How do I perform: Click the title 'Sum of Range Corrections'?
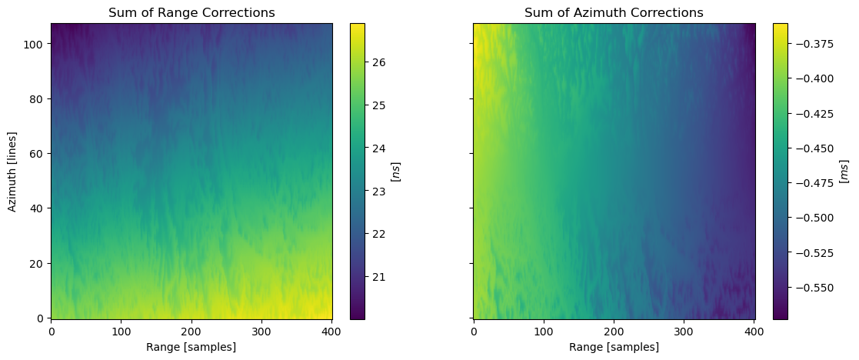click(x=191, y=12)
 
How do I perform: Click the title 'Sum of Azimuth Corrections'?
click(x=614, y=12)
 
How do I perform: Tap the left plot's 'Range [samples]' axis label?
click(x=191, y=347)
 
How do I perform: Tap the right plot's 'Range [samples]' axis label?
click(x=614, y=347)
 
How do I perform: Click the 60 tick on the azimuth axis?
click(x=38, y=153)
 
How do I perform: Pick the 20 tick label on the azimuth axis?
click(x=38, y=263)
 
